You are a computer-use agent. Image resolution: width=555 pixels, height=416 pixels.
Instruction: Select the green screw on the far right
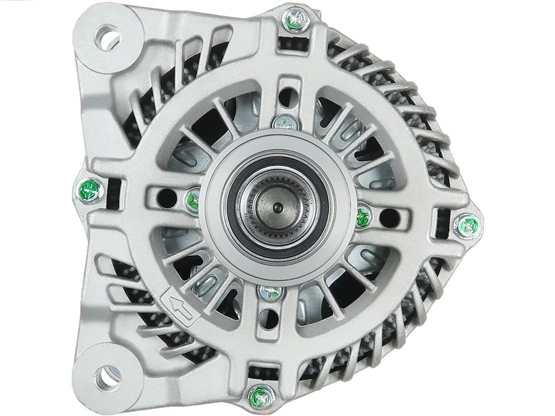click(x=468, y=224)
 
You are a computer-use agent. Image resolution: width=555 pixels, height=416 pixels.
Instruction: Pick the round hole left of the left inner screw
click(x=164, y=195)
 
